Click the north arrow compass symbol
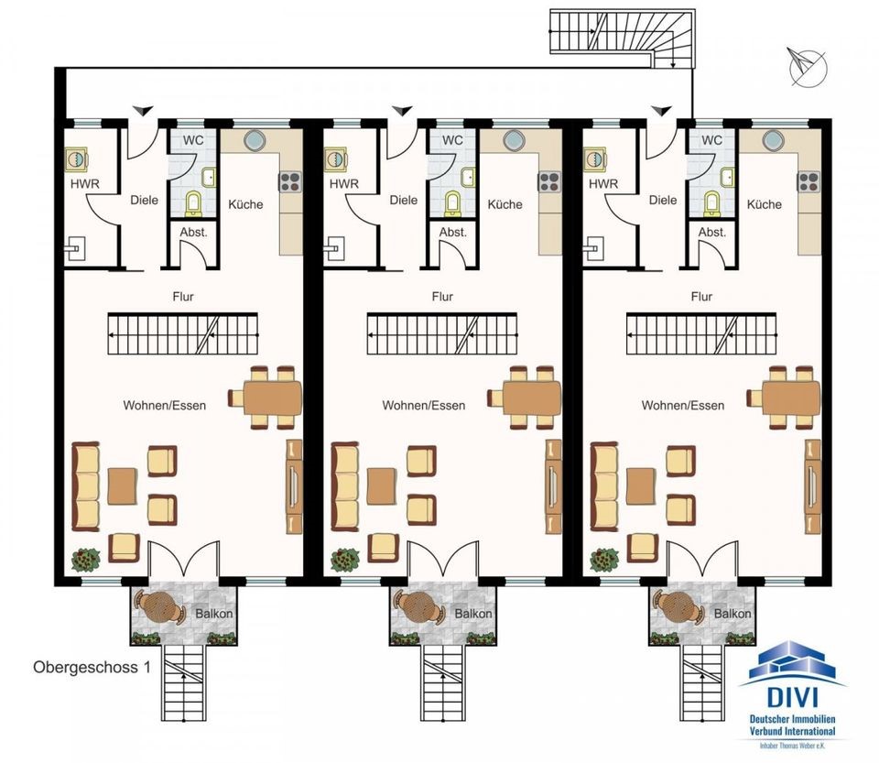(x=808, y=67)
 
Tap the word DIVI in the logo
(x=791, y=697)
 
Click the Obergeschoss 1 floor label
(x=92, y=667)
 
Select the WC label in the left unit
(x=193, y=139)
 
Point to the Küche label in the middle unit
(x=505, y=204)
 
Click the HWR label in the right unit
(x=603, y=183)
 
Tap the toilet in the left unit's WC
(x=193, y=203)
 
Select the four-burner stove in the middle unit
(x=548, y=181)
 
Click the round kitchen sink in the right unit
(x=773, y=139)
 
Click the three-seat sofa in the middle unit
(x=345, y=486)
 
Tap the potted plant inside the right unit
(x=603, y=560)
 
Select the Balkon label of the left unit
(x=214, y=614)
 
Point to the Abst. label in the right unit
(x=712, y=232)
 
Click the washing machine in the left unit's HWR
(x=76, y=159)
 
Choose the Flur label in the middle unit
(x=442, y=297)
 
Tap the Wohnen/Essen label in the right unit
(x=683, y=406)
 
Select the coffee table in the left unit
(x=122, y=485)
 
